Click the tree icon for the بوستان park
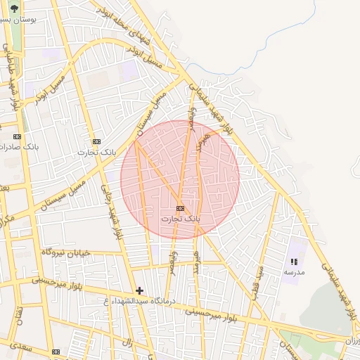tap(14, 9)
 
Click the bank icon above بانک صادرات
tap(17, 136)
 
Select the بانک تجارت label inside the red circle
tap(181, 219)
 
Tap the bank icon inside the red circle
tap(181, 208)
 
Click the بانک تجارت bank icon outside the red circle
tap(96, 141)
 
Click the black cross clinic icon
tap(139, 290)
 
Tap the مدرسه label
tap(294, 271)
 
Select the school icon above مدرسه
tap(294, 262)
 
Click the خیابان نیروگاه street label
tap(66, 251)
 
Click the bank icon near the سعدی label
tap(56, 352)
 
